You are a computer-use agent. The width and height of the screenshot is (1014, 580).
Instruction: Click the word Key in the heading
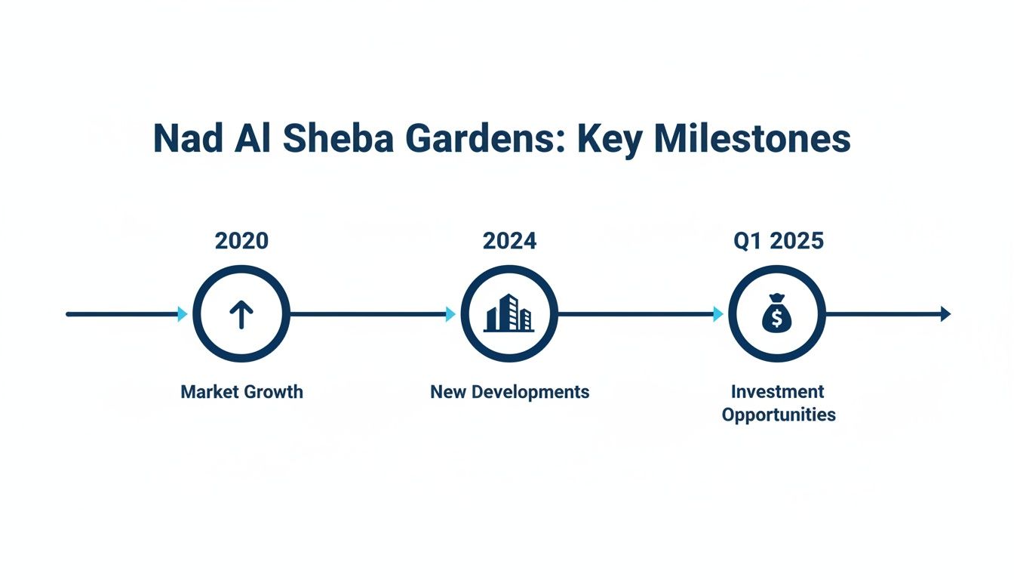pyautogui.click(x=610, y=139)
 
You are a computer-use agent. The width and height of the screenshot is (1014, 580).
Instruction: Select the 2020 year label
pyautogui.click(x=241, y=241)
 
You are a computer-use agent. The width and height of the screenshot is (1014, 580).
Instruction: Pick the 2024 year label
pyautogui.click(x=509, y=241)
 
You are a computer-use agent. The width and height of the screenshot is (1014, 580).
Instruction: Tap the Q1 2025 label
pyautogui.click(x=778, y=241)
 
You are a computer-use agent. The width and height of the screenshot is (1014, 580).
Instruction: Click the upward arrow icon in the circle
pyautogui.click(x=241, y=314)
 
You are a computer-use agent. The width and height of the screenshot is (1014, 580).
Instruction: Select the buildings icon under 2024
pyautogui.click(x=509, y=313)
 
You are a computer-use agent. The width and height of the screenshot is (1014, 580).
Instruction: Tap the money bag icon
pyautogui.click(x=777, y=314)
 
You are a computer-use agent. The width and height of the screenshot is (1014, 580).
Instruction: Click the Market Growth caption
pyautogui.click(x=241, y=392)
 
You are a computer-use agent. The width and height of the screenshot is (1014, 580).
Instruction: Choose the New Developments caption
pyautogui.click(x=509, y=392)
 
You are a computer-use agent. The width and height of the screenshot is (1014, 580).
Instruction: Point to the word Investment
pyautogui.click(x=778, y=392)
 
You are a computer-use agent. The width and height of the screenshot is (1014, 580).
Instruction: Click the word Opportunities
pyautogui.click(x=778, y=415)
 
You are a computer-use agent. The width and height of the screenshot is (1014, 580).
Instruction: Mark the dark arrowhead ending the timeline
pyautogui.click(x=945, y=314)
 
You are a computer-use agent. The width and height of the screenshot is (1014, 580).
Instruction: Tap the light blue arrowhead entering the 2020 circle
pyautogui.click(x=183, y=314)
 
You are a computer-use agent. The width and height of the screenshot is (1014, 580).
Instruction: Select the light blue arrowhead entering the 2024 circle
pyautogui.click(x=450, y=314)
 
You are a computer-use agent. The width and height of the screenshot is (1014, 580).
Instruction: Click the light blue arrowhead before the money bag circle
pyautogui.click(x=718, y=314)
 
